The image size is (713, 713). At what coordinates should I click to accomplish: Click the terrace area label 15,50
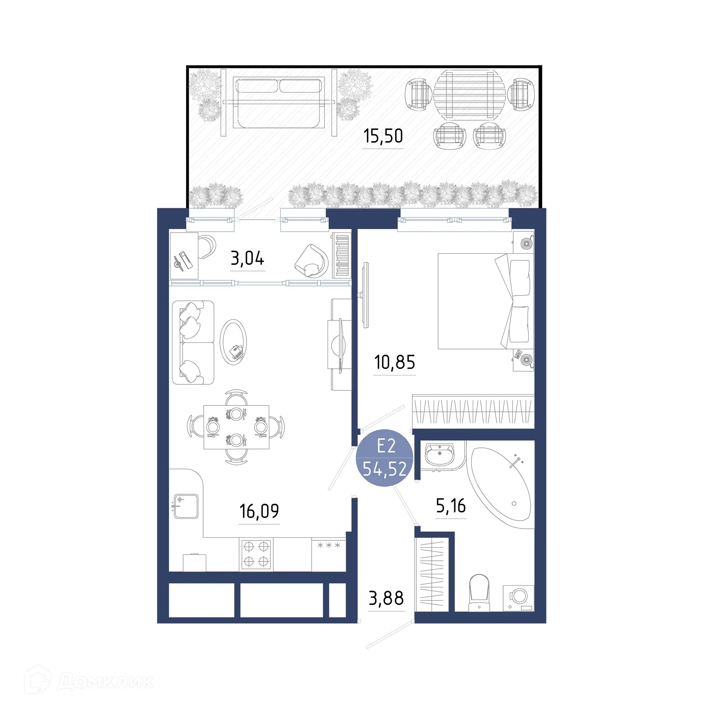pyautogui.click(x=383, y=136)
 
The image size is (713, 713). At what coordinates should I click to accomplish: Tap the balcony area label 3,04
pyautogui.click(x=247, y=258)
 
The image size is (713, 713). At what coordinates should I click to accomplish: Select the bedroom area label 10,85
pyautogui.click(x=394, y=362)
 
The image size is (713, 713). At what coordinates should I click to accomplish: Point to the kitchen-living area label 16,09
pyautogui.click(x=259, y=511)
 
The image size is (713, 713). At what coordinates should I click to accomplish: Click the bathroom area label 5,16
pyautogui.click(x=451, y=506)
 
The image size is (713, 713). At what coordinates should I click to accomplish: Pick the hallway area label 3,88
pyautogui.click(x=386, y=598)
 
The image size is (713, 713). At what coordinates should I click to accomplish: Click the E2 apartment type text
pyautogui.click(x=386, y=446)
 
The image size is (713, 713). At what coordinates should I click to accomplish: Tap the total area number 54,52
pyautogui.click(x=385, y=469)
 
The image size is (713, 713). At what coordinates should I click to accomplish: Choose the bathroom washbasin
pyautogui.click(x=440, y=454)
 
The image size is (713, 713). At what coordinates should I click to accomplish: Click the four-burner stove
pyautogui.click(x=256, y=554)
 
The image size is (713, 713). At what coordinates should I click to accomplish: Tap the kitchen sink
pyautogui.click(x=186, y=506)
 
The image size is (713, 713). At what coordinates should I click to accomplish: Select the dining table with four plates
pyautogui.click(x=236, y=427)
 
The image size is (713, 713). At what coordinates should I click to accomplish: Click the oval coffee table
pyautogui.click(x=233, y=342)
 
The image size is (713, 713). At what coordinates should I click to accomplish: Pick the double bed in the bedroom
pyautogui.click(x=483, y=301)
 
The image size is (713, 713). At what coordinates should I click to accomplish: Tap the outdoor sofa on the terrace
pyautogui.click(x=279, y=102)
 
